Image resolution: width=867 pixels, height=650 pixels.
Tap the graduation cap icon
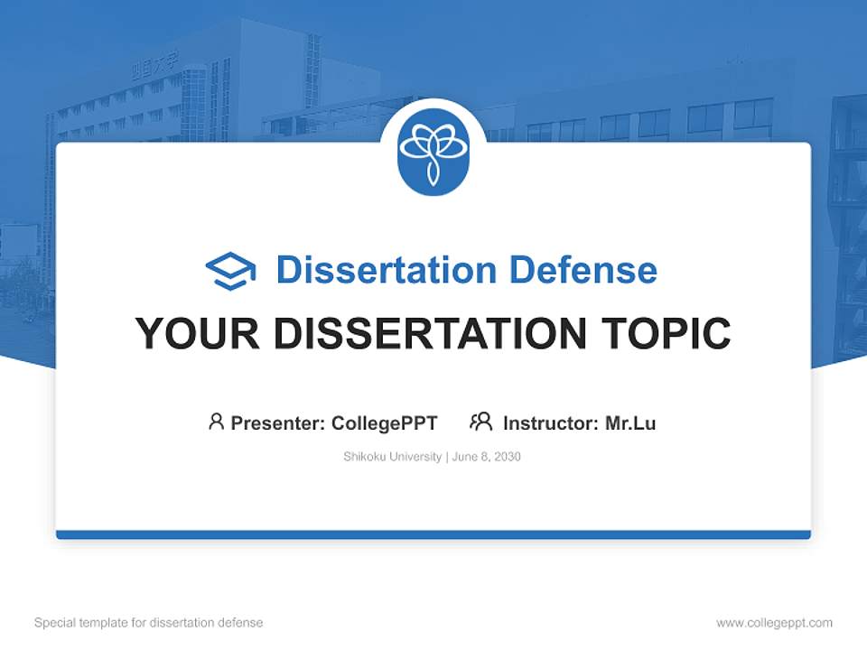[230, 270]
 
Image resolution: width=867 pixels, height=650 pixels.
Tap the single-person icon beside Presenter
[216, 422]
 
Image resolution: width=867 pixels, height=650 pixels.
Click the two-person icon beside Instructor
[480, 422]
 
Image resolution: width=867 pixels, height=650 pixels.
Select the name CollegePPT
[385, 422]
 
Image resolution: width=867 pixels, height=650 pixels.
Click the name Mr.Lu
[630, 422]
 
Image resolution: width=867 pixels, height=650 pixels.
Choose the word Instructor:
[551, 422]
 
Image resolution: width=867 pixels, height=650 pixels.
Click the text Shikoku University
[392, 457]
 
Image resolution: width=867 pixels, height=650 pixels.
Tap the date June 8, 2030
[487, 457]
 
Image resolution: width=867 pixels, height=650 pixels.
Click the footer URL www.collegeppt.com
[774, 623]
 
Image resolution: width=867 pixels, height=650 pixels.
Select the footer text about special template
[149, 623]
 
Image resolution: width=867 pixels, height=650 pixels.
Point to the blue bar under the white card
[433, 534]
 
